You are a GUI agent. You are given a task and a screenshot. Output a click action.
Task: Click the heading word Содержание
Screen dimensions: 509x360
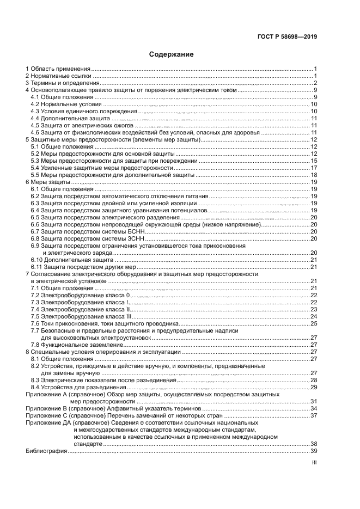172,54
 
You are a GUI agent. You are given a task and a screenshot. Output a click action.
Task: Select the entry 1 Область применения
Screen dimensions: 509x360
58,69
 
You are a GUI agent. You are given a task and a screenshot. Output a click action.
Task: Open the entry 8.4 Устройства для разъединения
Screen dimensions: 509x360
76,387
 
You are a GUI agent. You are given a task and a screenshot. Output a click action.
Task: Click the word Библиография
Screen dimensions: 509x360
46,451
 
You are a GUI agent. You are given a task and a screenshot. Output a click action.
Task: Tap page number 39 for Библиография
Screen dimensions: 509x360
314,451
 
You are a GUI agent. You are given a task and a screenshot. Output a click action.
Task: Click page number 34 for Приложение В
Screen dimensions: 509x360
314,408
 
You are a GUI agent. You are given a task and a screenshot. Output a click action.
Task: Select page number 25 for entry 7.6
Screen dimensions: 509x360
314,323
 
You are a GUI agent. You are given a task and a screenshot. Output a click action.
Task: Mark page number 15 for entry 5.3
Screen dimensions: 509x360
314,161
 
